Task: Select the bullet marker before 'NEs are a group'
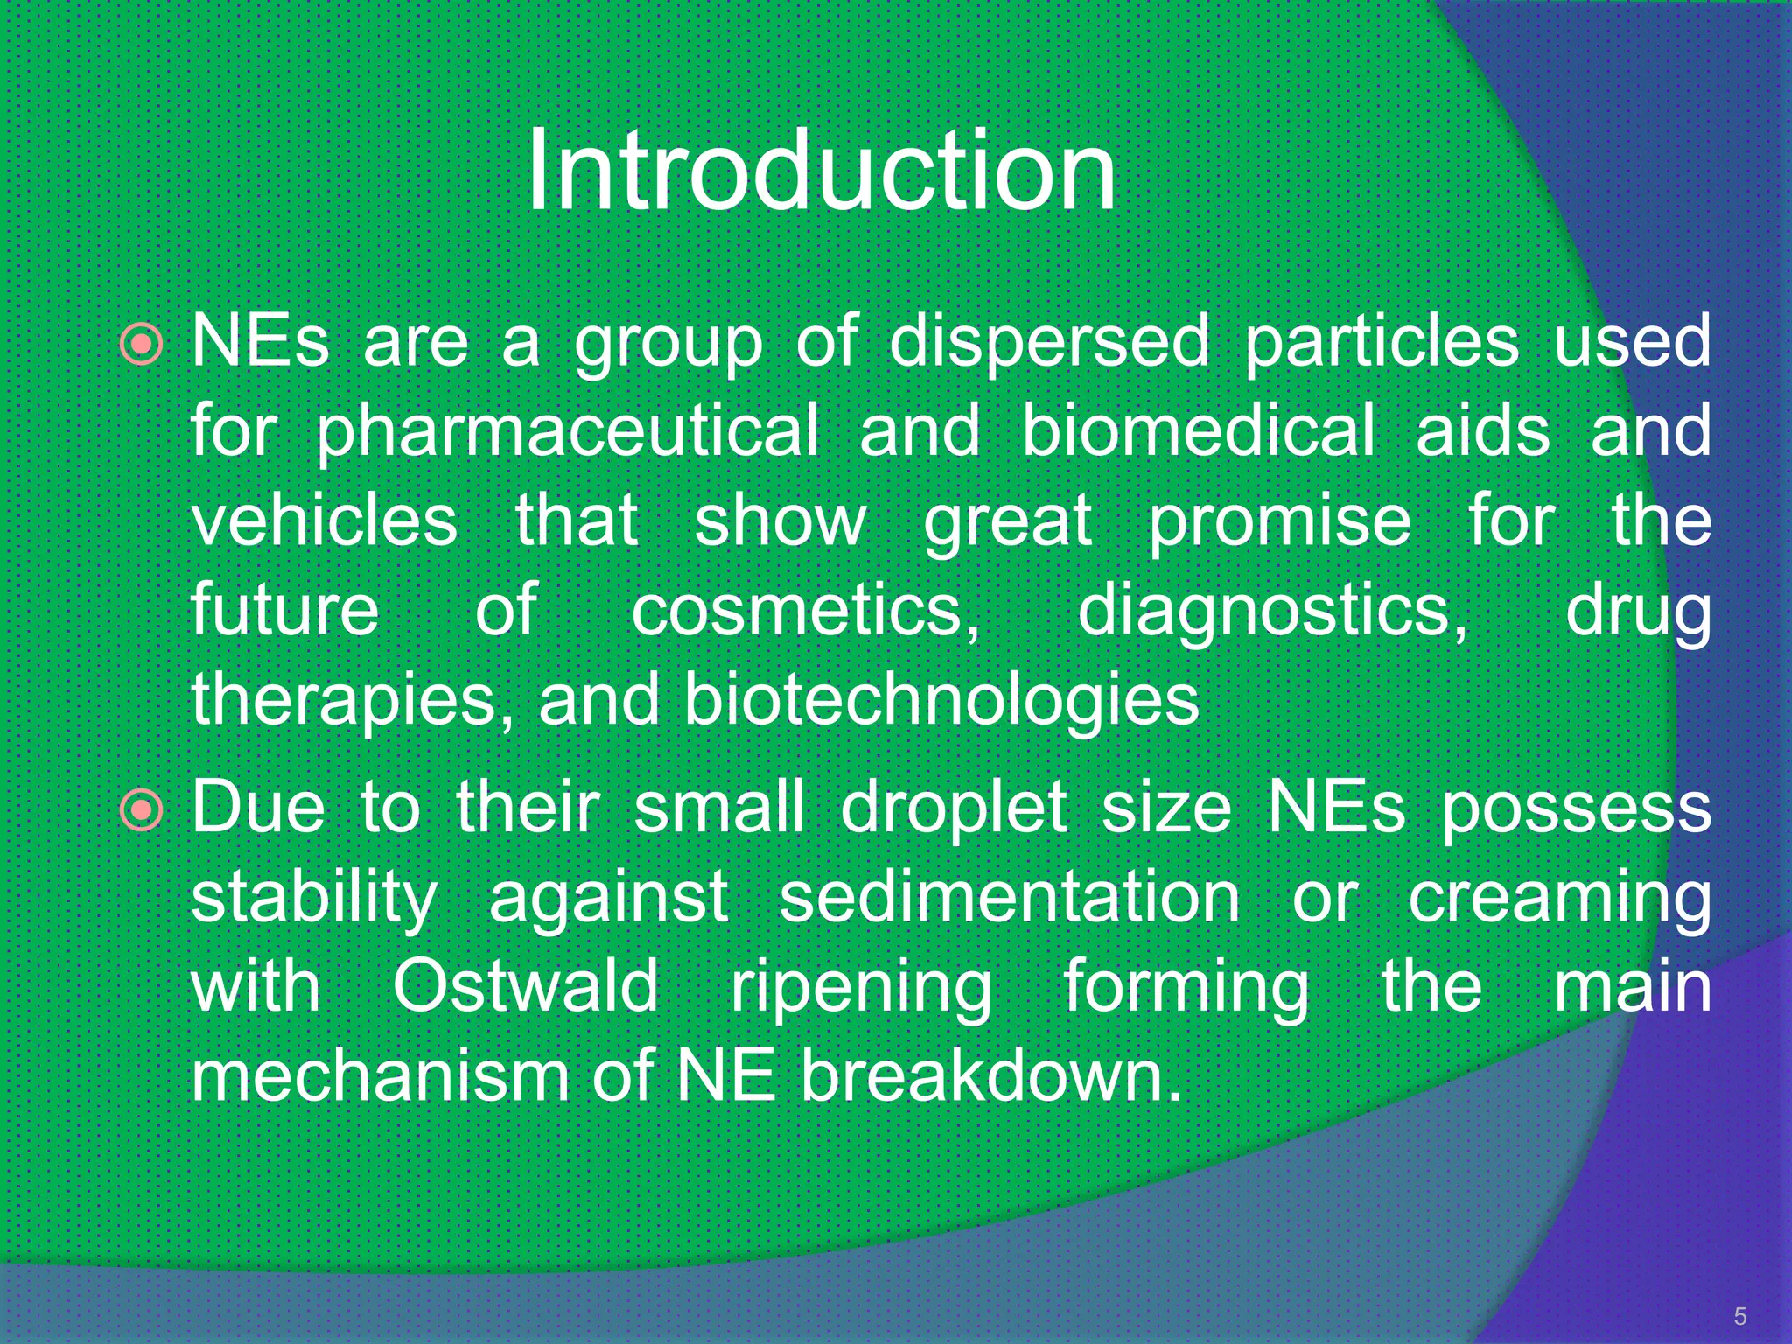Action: pyautogui.click(x=142, y=344)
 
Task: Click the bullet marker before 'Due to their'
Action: pyautogui.click(x=142, y=810)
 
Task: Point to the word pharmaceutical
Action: pyautogui.click(x=567, y=431)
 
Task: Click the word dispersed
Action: pyautogui.click(x=1049, y=340)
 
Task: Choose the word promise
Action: pyautogui.click(x=1279, y=521)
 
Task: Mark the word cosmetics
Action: pyautogui.click(x=805, y=611)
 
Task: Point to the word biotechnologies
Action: pyautogui.click(x=941, y=700)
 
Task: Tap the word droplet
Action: pyautogui.click(x=954, y=808)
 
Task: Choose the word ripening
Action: pyautogui.click(x=861, y=987)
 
